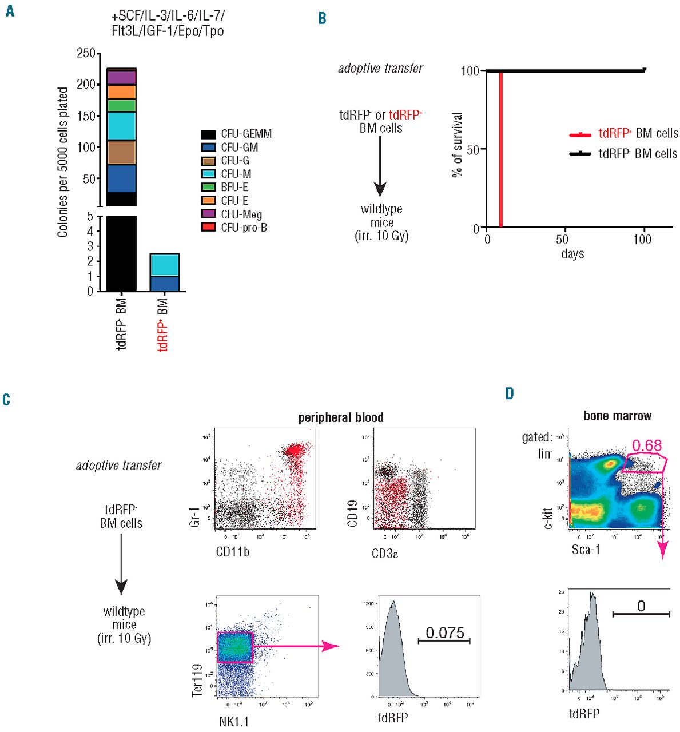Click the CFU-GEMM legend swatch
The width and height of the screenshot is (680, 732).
pyautogui.click(x=208, y=134)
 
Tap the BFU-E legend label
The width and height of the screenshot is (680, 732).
pyautogui.click(x=234, y=187)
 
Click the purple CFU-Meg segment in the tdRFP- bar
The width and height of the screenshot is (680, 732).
pyautogui.click(x=121, y=77)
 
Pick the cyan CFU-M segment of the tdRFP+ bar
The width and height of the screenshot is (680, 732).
pyautogui.click(x=164, y=265)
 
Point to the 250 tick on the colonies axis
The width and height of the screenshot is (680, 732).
pyautogui.click(x=86, y=53)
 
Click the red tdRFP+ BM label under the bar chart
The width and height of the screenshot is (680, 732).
pyautogui.click(x=163, y=324)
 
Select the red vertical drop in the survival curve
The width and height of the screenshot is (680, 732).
pyautogui.click(x=500, y=149)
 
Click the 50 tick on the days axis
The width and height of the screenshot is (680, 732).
pyautogui.click(x=563, y=239)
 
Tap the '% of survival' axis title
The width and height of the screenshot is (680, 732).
pyautogui.click(x=457, y=145)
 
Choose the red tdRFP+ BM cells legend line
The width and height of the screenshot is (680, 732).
pyautogui.click(x=580, y=134)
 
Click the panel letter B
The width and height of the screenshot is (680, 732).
pyautogui.click(x=322, y=18)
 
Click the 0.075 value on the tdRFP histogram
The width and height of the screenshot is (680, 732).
pyautogui.click(x=445, y=632)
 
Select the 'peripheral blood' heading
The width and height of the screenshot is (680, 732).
pyautogui.click(x=341, y=417)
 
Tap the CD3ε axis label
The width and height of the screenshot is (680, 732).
pyautogui.click(x=384, y=553)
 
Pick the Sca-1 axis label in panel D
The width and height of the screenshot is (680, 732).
pyautogui.click(x=586, y=550)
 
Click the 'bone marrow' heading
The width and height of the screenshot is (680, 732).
pyautogui.click(x=617, y=416)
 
